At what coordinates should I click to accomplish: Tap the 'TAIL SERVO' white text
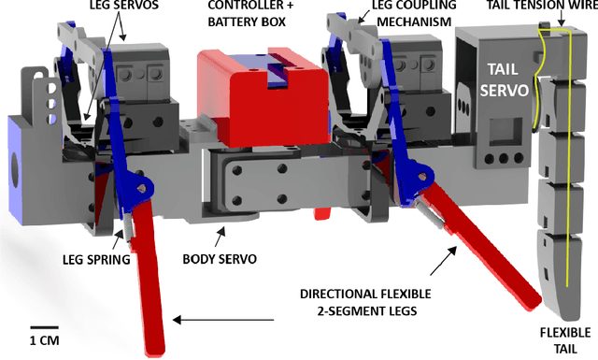504,79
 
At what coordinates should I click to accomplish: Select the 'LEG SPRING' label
96,260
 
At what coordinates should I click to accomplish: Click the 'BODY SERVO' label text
220,259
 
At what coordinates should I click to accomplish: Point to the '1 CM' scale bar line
44,327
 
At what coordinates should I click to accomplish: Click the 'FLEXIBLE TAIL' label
565,340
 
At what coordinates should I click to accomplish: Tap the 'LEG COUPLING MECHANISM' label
414,13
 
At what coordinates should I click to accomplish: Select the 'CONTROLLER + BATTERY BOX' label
251,13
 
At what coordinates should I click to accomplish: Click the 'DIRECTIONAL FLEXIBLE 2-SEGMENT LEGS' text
365,302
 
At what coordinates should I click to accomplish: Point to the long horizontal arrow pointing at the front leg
223,320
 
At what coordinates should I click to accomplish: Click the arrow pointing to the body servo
221,237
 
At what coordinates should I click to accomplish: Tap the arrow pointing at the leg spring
119,238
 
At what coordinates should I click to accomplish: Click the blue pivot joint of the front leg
142,187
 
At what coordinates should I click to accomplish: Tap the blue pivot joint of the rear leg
421,176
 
